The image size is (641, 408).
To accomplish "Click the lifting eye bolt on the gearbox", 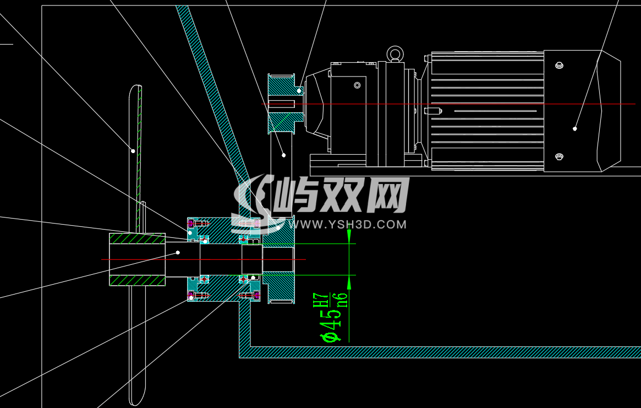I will [394, 53].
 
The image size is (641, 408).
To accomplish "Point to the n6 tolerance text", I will [343, 297].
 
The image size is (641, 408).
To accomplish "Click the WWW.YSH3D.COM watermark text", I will [353, 225].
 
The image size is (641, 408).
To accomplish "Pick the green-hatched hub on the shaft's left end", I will [137, 259].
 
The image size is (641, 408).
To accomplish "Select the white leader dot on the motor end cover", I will [574, 128].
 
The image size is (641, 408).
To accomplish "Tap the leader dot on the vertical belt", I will [283, 155].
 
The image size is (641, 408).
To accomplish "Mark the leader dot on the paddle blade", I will [133, 150].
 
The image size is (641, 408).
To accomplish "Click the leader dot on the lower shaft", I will [178, 252].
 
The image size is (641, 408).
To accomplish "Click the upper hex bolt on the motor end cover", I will [560, 66].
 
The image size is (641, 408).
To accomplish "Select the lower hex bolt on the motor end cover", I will [560, 157].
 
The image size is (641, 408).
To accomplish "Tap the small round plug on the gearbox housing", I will [357, 85].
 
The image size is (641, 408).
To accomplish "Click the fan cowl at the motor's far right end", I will [610, 111].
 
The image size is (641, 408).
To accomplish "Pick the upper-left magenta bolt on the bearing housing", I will [191, 224].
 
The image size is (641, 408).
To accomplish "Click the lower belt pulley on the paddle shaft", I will [279, 259].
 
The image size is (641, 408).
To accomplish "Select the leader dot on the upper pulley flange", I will [299, 90].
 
